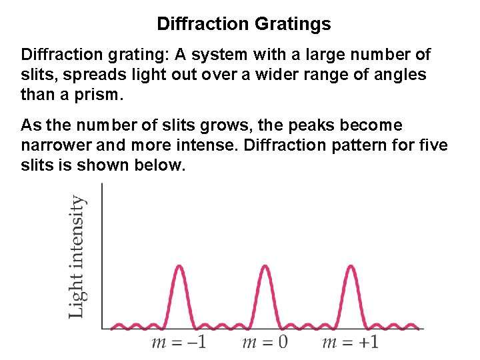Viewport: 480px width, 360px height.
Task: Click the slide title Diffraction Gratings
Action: click(x=243, y=25)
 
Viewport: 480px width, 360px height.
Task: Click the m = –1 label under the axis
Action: click(x=178, y=343)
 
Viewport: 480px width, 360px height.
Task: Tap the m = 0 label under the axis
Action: click(x=264, y=343)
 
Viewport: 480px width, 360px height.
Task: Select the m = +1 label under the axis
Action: click(x=351, y=343)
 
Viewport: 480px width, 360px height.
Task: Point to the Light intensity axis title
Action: click(x=78, y=256)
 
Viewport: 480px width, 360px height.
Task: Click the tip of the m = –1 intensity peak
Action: click(x=179, y=266)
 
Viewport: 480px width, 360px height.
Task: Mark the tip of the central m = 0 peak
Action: click(x=265, y=266)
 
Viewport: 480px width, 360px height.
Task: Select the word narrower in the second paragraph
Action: click(x=52, y=145)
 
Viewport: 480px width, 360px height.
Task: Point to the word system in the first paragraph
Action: click(x=217, y=55)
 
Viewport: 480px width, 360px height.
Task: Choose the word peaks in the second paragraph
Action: click(x=313, y=125)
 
